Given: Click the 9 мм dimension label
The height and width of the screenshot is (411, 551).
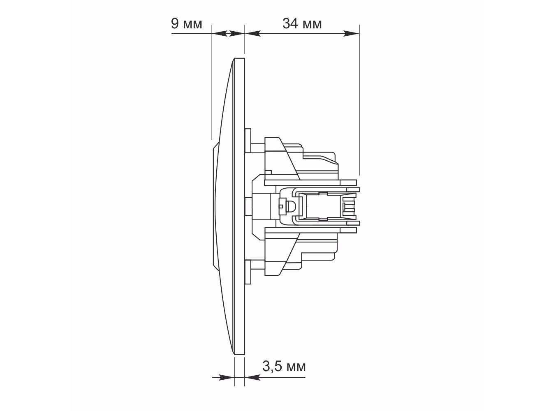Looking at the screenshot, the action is [186, 24].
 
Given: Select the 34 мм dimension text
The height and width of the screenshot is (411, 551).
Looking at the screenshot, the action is [302, 24].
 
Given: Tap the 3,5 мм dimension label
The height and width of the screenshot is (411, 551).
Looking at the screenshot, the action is [284, 367].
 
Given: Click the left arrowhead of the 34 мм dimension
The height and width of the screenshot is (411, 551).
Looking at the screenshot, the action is [252, 33].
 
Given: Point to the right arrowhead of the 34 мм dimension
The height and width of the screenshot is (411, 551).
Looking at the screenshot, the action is [351, 33].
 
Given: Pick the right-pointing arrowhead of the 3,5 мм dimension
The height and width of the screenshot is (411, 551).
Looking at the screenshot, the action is [227, 377].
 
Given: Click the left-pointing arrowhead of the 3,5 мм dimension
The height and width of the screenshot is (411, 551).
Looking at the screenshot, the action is [252, 377].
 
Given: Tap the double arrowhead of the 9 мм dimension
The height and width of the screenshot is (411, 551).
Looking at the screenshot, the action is [228, 33].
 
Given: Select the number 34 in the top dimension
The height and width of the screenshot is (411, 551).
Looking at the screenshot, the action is [290, 24].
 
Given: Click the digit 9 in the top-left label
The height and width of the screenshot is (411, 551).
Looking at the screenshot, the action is [175, 24].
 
